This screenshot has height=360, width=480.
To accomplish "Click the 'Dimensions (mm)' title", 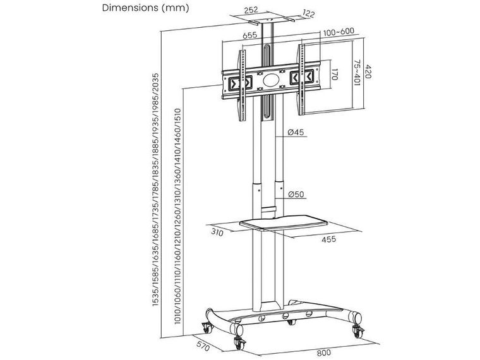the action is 145,8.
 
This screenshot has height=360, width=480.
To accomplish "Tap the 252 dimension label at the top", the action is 251,10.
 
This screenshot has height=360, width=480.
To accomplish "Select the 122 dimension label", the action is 308,13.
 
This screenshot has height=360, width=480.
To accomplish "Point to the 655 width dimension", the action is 250,35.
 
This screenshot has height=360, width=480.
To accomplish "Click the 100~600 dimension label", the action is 339,32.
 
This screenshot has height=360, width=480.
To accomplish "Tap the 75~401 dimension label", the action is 357,73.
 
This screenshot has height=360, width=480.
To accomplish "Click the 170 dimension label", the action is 334,75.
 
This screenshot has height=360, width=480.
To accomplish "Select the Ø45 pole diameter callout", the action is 296,132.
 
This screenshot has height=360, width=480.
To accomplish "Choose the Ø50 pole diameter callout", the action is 296,194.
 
